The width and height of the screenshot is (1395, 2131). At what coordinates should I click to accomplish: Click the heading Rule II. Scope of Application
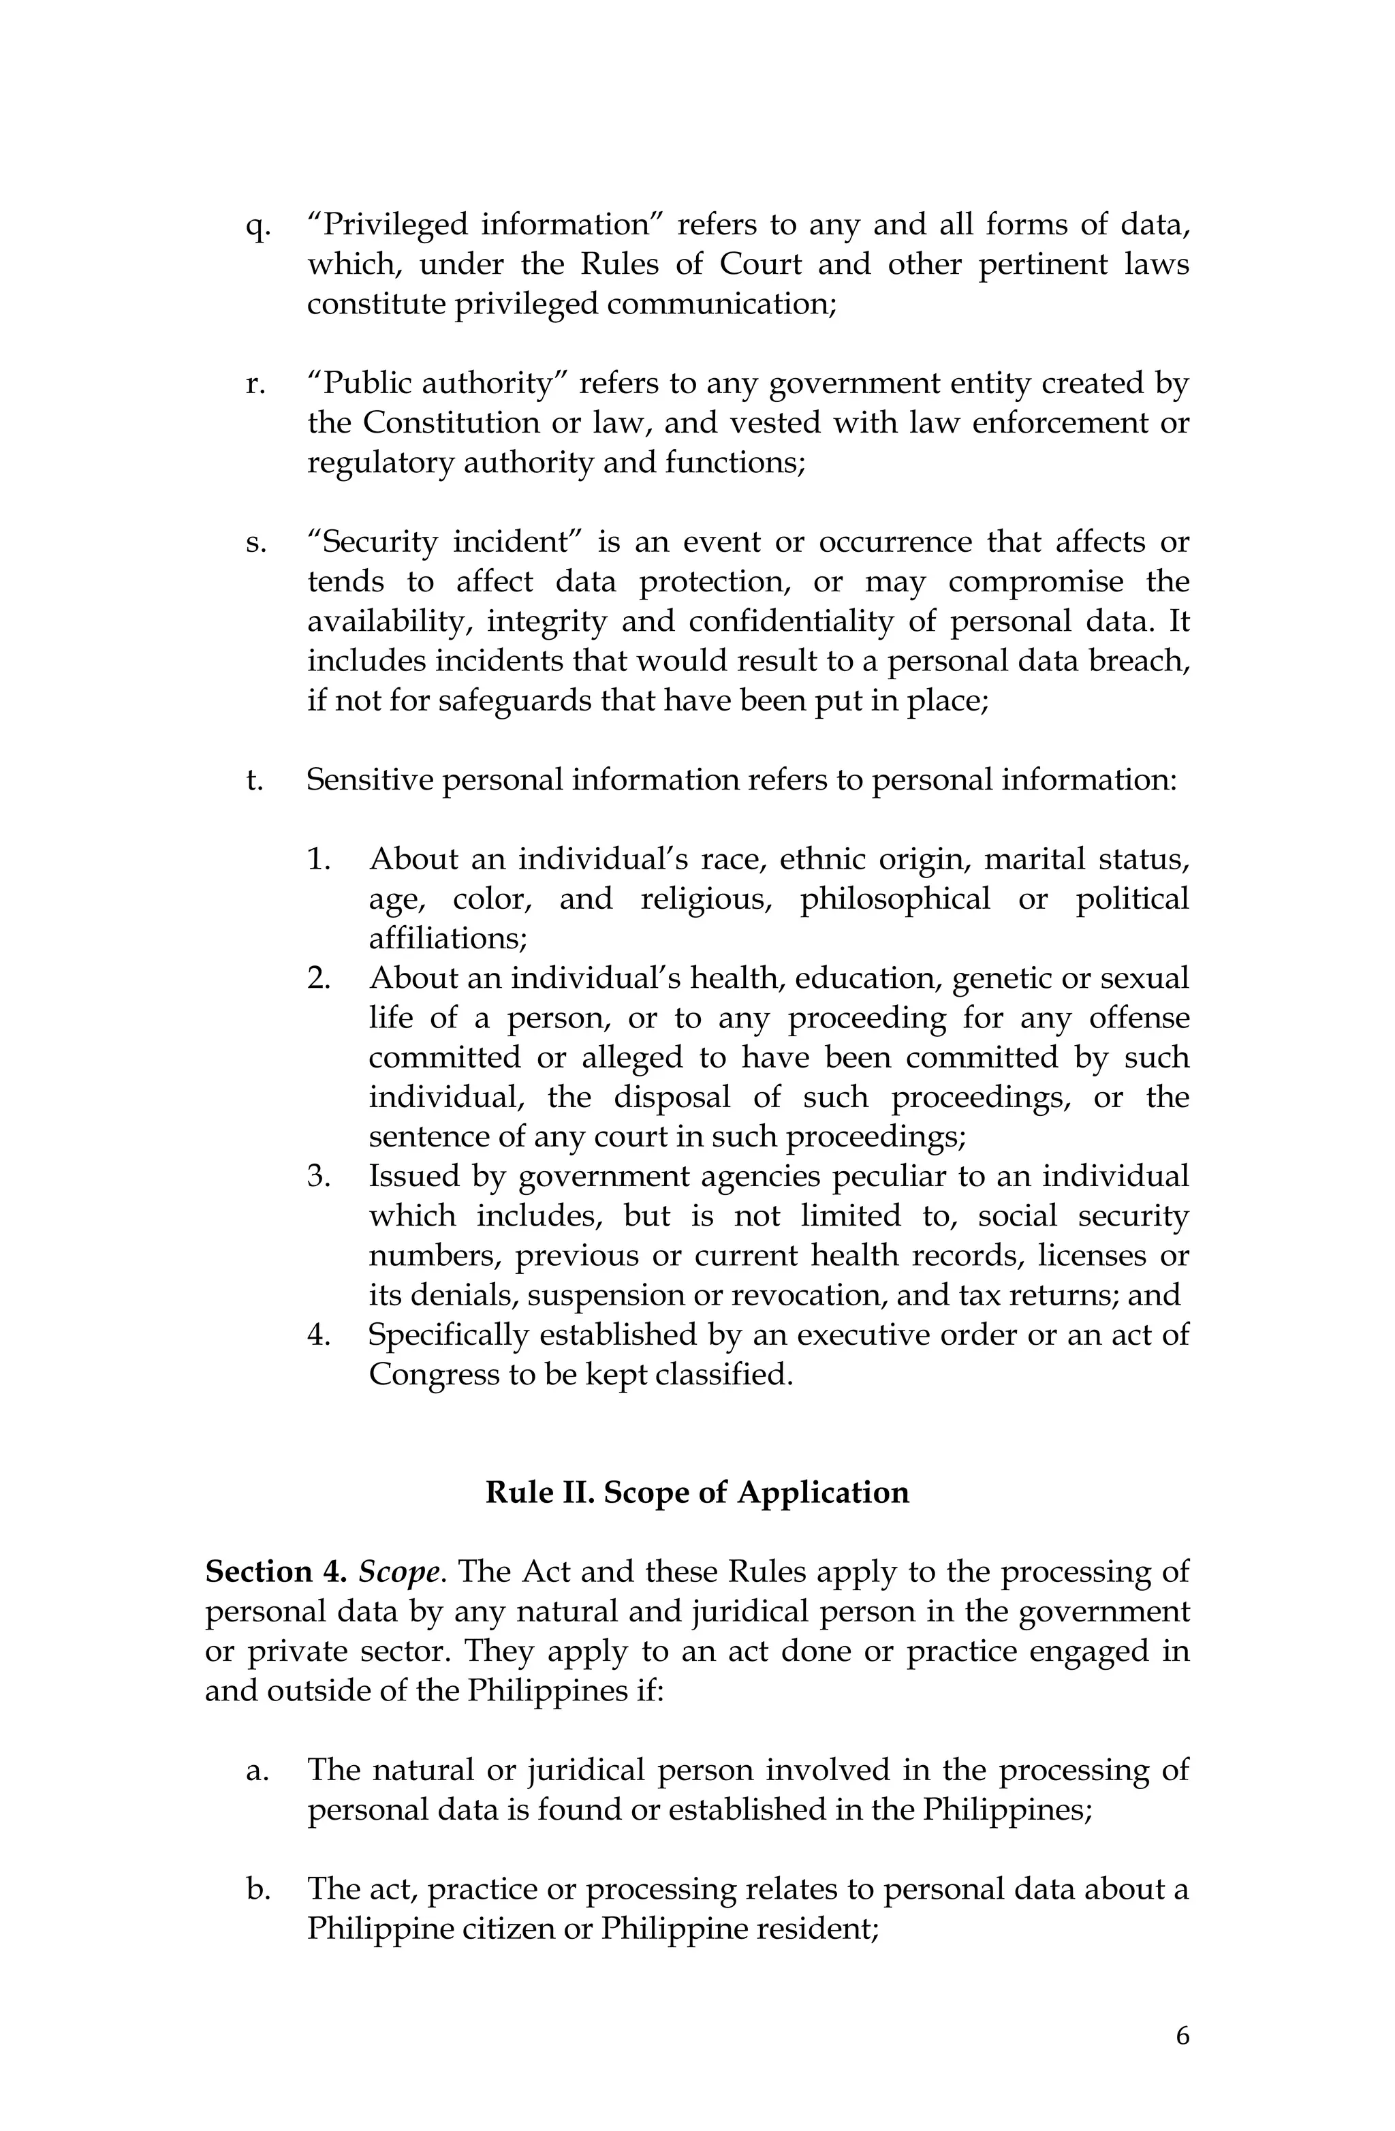(x=697, y=1493)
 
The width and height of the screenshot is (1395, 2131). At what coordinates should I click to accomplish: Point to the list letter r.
(x=255, y=385)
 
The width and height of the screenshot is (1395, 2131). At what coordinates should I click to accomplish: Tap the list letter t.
(x=254, y=780)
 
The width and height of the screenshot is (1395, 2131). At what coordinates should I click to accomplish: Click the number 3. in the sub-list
(x=319, y=1176)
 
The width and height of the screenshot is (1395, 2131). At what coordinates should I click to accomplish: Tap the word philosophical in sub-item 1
(x=894, y=899)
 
